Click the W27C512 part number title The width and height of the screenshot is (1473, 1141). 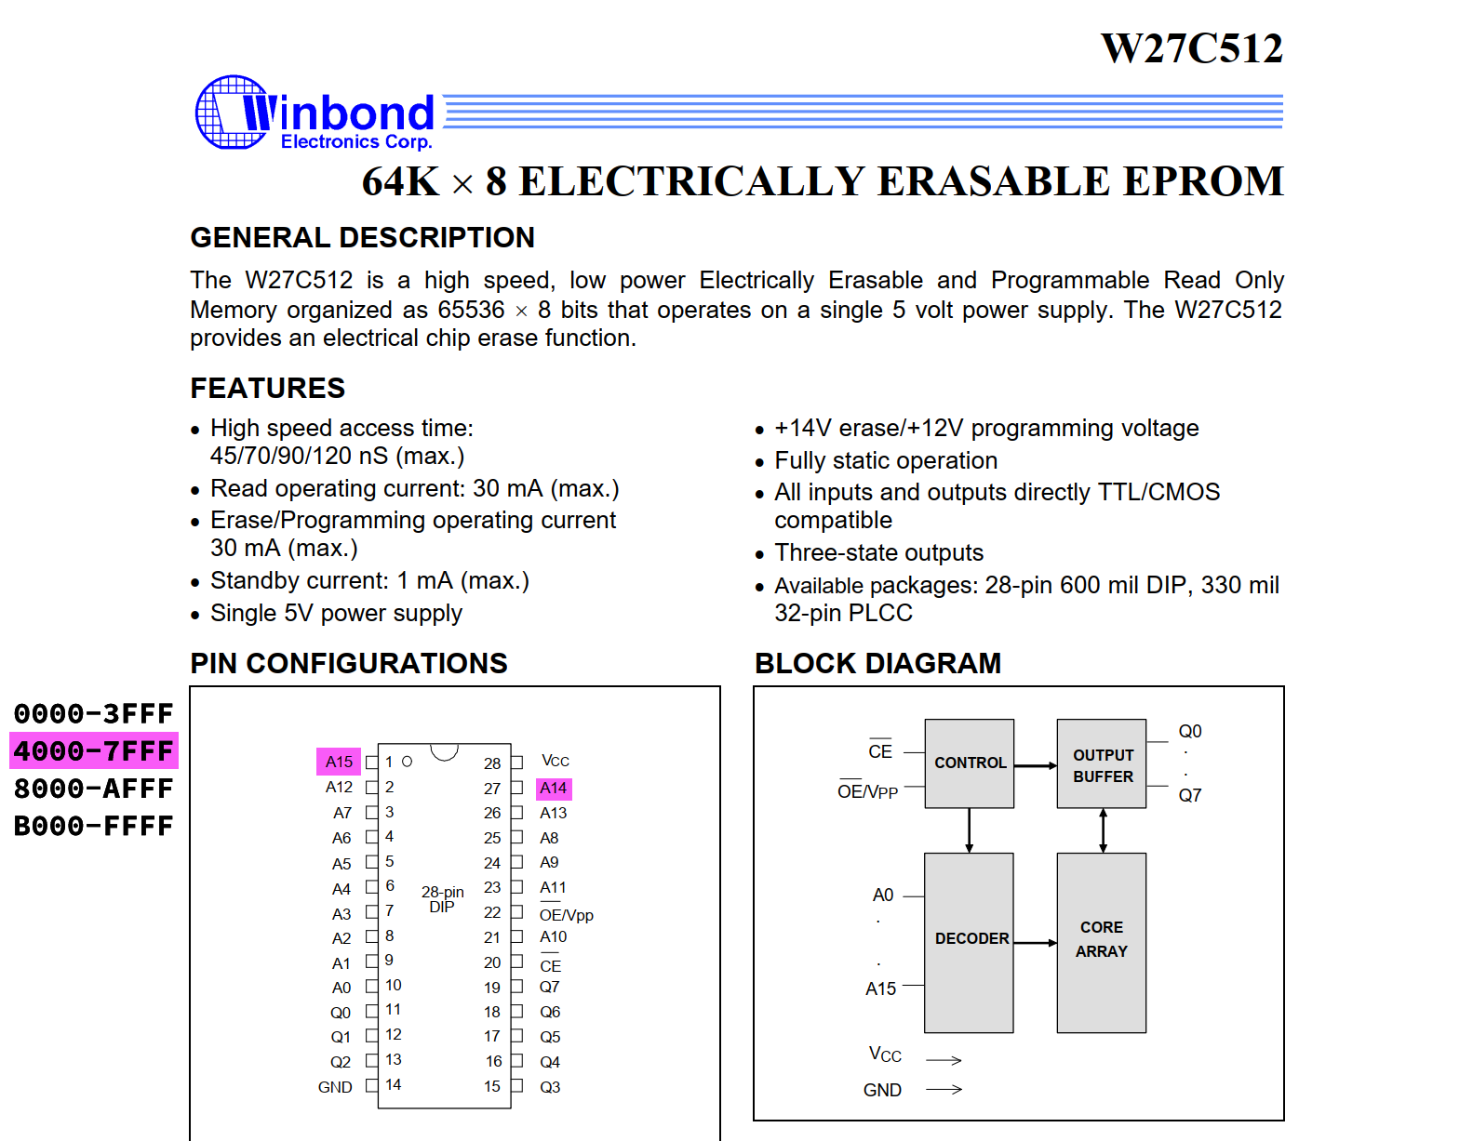(1191, 48)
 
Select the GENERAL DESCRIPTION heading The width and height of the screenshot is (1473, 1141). (362, 238)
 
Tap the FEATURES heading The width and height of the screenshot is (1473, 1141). (268, 388)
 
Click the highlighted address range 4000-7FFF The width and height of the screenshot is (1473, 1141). (94, 750)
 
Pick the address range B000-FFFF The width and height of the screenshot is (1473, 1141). (94, 826)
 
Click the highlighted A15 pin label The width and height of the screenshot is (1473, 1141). (339, 762)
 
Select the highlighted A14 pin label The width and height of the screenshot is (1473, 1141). (553, 789)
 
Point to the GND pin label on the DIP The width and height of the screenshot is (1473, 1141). (335, 1087)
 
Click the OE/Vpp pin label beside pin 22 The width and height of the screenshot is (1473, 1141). (566, 914)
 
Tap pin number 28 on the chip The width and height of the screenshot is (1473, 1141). (492, 763)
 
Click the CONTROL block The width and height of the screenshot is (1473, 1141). (970, 763)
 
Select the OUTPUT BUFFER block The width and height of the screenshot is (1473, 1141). (1102, 763)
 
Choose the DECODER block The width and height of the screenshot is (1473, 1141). (970, 943)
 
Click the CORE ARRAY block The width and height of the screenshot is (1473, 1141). (1102, 943)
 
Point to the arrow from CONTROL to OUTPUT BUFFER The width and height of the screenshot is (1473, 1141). (1036, 766)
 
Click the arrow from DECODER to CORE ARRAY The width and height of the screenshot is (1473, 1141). (1036, 943)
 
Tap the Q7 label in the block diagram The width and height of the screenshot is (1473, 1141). (1189, 795)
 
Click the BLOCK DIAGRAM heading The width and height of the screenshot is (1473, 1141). (877, 664)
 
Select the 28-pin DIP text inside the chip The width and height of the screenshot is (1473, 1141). (442, 899)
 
